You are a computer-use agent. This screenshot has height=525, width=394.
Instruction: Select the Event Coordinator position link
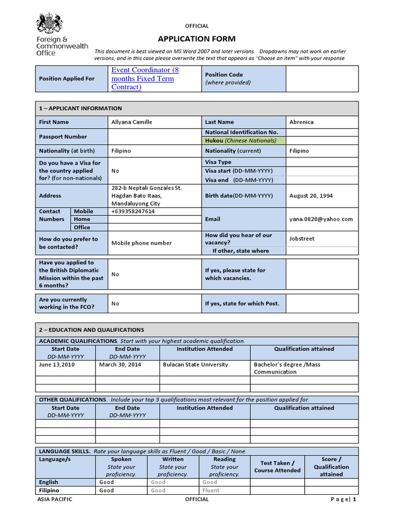tap(145, 78)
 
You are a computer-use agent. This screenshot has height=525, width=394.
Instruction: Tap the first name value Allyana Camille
tap(132, 122)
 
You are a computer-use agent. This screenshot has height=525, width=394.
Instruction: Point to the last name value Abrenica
tap(302, 122)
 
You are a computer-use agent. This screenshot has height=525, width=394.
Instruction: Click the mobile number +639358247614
tap(133, 211)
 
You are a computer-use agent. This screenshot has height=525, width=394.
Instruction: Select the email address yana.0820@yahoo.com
tap(321, 219)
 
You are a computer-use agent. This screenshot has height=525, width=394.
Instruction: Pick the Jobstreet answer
tap(302, 238)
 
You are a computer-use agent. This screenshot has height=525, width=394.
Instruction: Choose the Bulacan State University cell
tap(195, 365)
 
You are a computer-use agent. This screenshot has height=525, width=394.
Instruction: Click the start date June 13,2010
tap(56, 365)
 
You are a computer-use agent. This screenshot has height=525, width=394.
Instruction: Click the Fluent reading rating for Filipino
tap(211, 490)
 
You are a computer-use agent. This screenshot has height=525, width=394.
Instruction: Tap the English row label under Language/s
tap(49, 482)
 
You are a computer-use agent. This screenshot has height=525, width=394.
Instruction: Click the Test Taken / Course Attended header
tap(277, 467)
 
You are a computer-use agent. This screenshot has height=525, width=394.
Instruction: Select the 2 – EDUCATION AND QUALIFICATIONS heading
tap(91, 330)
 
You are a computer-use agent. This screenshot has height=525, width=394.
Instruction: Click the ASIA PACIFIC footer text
tap(55, 499)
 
